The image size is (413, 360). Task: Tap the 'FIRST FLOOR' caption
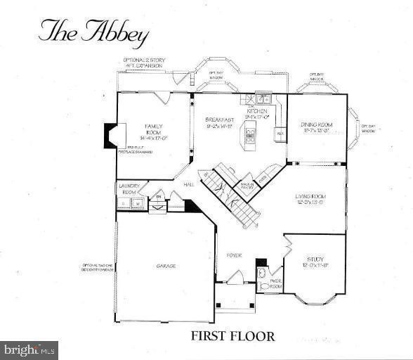click(232, 336)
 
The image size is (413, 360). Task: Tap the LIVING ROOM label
click(313, 200)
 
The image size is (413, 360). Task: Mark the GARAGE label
click(166, 266)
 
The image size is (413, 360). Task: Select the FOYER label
click(234, 255)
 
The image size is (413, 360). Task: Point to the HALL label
click(189, 184)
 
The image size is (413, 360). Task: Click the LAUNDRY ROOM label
click(130, 189)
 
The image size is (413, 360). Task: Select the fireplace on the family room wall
click(112, 135)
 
